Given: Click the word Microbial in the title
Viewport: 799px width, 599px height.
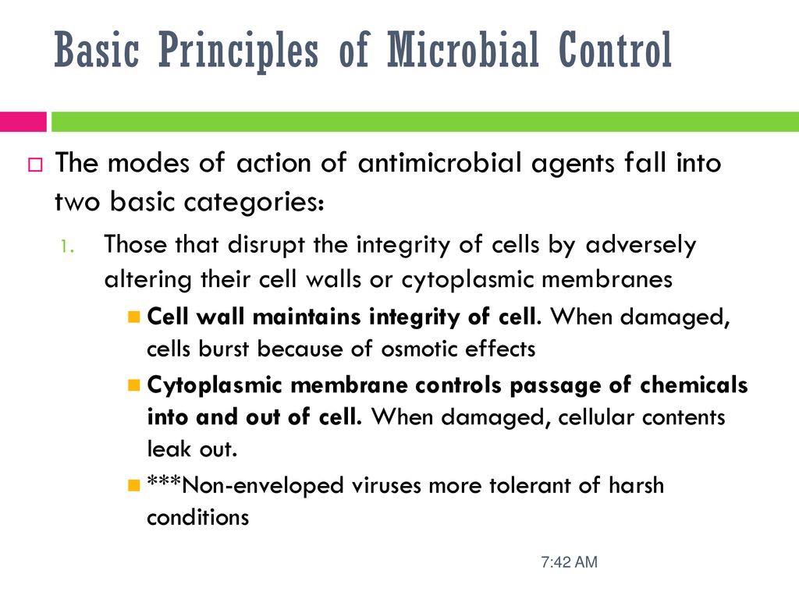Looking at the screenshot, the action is pos(463,49).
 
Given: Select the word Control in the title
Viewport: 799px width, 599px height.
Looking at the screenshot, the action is pos(615,49).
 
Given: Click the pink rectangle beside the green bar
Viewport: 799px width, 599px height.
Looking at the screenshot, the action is pos(23,122).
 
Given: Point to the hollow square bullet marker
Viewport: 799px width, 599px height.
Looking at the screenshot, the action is pos(35,165).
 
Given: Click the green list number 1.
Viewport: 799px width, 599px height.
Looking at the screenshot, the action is pos(67,247).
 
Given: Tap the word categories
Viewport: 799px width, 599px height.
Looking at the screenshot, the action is pos(254,202).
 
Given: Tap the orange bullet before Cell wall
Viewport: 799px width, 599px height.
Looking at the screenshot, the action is pos(134,317).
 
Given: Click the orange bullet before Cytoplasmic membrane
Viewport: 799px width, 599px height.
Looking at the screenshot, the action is pos(134,385).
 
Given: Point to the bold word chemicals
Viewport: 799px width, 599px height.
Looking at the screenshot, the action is pos(694,385).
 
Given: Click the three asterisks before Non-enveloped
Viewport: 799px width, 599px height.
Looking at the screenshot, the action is pos(164,480).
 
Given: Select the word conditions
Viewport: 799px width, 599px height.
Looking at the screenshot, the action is pos(197,518).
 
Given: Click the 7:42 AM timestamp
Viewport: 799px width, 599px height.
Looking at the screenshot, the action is pos(569,562).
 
